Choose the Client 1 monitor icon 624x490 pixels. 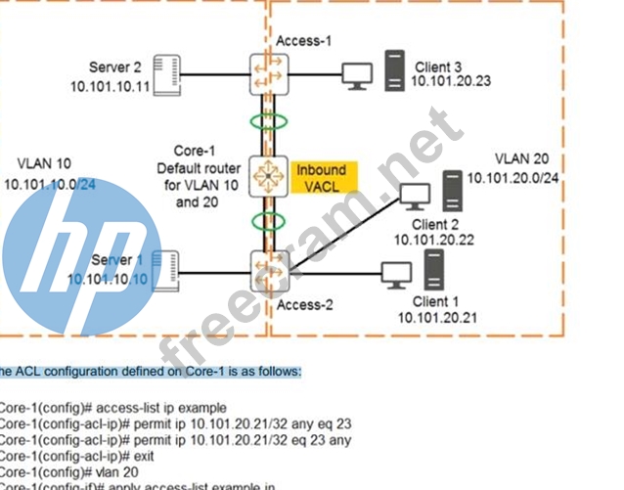coord(396,275)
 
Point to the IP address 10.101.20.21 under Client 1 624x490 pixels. coord(437,318)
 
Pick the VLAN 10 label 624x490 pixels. coord(43,163)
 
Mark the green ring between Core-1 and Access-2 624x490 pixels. coord(268,220)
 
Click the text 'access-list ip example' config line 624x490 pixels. coord(115,407)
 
